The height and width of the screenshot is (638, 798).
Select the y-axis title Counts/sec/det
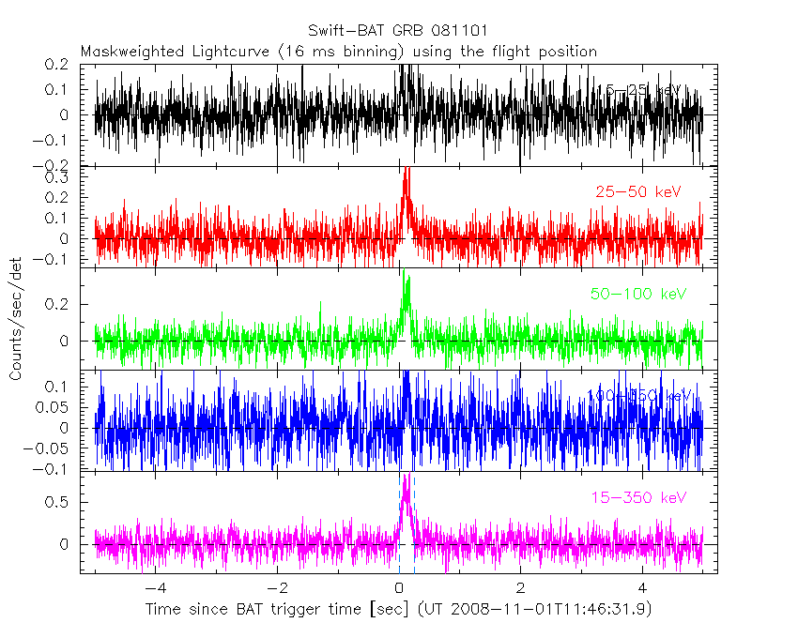point(16,319)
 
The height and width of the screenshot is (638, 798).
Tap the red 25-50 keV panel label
point(637,192)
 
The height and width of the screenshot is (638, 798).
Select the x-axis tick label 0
point(399,589)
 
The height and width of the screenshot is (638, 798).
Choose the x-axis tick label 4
point(642,589)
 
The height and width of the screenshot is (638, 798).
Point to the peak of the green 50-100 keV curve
point(405,272)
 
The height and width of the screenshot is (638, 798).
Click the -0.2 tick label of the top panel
point(57,166)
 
